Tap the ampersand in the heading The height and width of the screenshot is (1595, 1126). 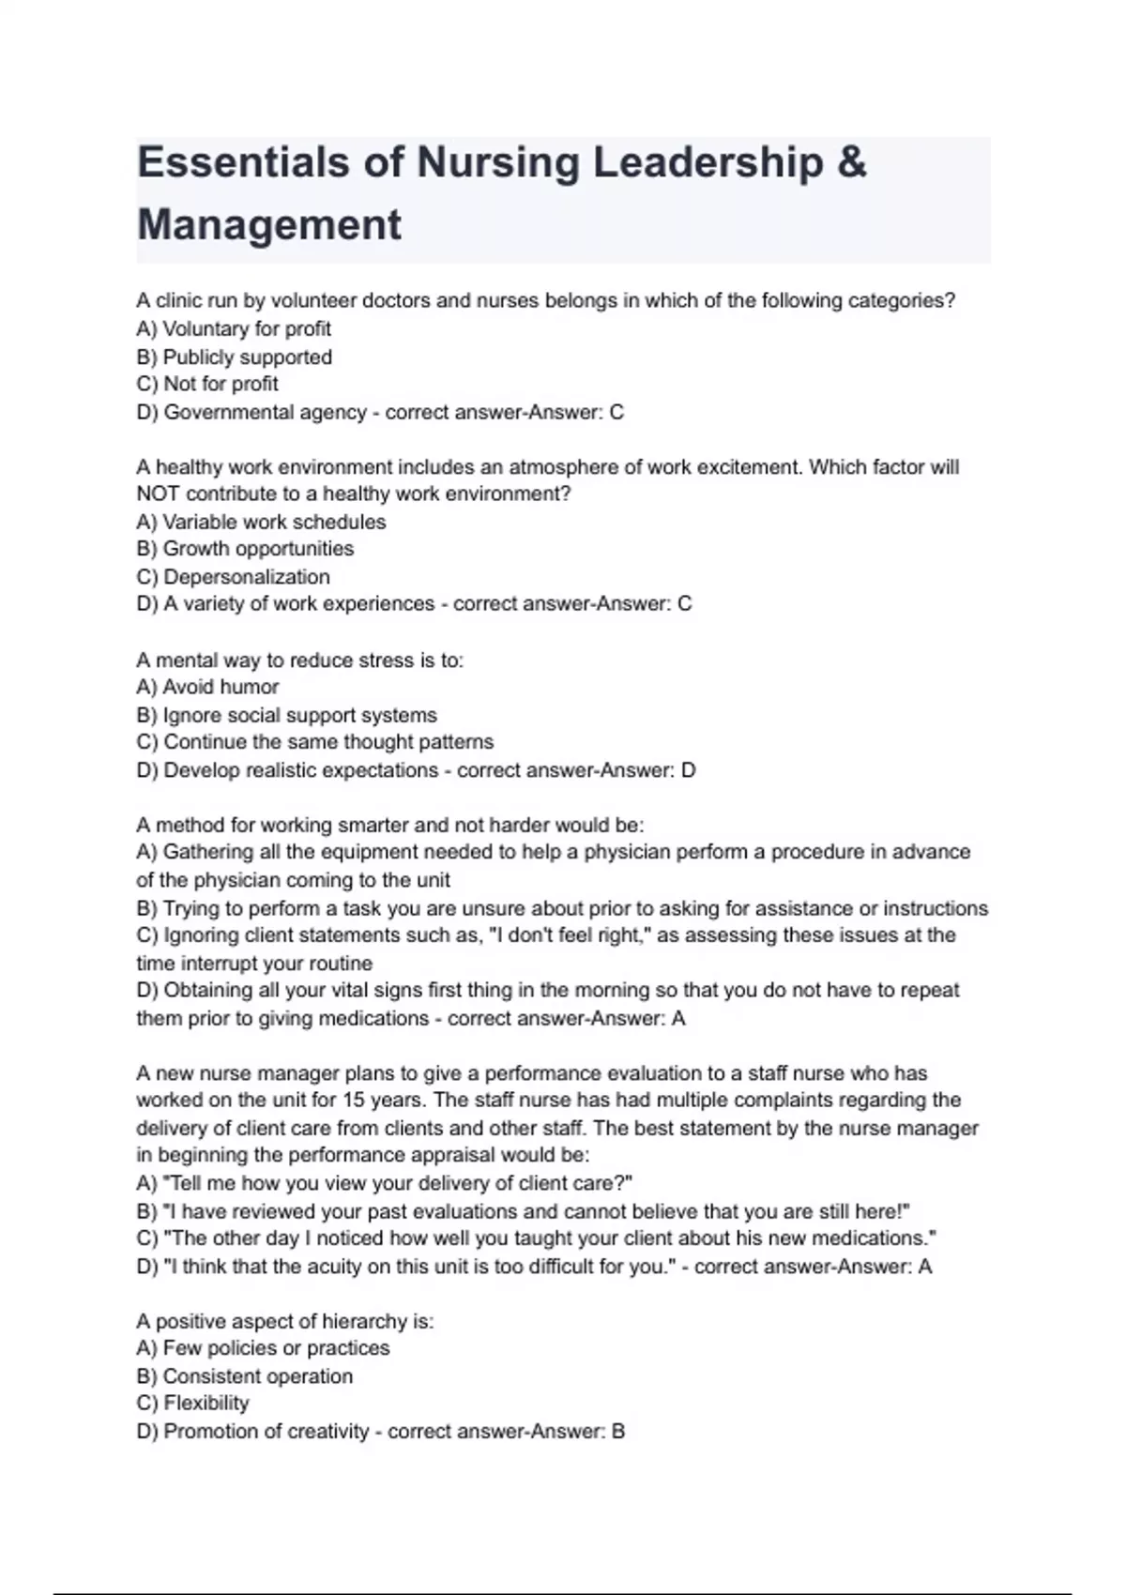pyautogui.click(x=850, y=162)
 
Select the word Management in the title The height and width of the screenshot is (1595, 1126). pyautogui.click(x=269, y=225)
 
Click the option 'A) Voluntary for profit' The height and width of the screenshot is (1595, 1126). pyautogui.click(x=234, y=329)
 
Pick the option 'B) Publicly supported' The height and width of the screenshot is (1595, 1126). pyautogui.click(x=235, y=357)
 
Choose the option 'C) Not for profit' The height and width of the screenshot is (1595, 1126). pyautogui.click(x=207, y=384)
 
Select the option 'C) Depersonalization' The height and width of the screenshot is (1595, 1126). pyautogui.click(x=234, y=577)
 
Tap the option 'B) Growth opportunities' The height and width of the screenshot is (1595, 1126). pyautogui.click(x=245, y=549)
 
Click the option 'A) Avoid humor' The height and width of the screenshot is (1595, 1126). pyautogui.click(x=207, y=687)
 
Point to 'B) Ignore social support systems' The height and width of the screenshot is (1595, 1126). pyautogui.click(x=286, y=715)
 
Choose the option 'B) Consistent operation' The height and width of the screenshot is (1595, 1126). pyautogui.click(x=245, y=1376)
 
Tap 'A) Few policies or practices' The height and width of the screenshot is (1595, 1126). pyautogui.click(x=263, y=1348)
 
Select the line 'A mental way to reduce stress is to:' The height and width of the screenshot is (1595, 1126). pyautogui.click(x=300, y=661)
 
